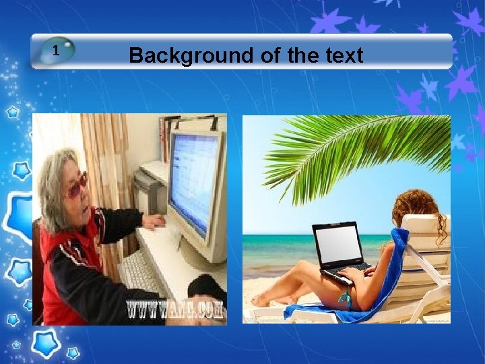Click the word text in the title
(343, 55)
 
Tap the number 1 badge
(57, 50)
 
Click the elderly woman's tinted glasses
(75, 184)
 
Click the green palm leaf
(350, 148)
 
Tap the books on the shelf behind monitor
(168, 135)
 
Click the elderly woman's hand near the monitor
(154, 220)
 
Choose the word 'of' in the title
(269, 55)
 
